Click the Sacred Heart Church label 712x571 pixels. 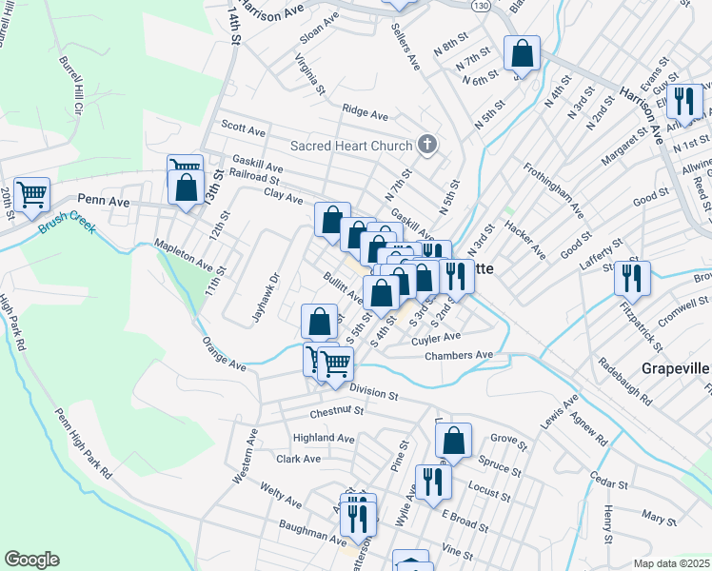click(x=350, y=146)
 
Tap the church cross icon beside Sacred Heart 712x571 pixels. click(x=427, y=145)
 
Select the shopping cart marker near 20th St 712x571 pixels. click(x=31, y=195)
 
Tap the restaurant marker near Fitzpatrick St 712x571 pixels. click(x=631, y=278)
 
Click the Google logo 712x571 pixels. click(x=30, y=560)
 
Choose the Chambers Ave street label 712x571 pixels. click(x=459, y=355)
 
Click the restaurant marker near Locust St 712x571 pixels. click(x=433, y=481)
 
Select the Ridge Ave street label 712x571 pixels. click(x=366, y=113)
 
